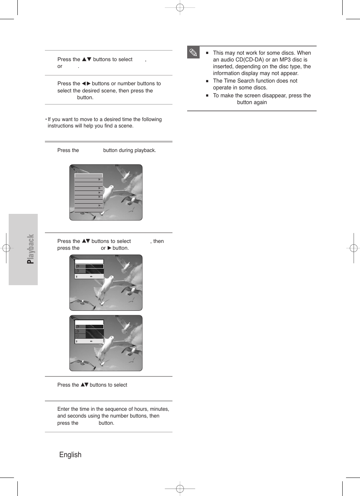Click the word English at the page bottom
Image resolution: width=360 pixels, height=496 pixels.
click(70, 455)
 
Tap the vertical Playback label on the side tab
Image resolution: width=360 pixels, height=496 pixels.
click(31, 249)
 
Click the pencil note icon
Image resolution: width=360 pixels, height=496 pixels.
click(193, 52)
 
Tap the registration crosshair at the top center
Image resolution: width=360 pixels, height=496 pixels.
click(180, 7)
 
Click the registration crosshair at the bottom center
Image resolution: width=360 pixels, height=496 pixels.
click(180, 489)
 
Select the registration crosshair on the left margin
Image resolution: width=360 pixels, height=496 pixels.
click(6, 248)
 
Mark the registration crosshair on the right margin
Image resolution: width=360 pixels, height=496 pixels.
click(354, 248)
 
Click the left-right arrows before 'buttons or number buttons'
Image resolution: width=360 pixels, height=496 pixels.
click(86, 84)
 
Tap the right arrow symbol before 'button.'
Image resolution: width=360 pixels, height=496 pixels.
click(109, 248)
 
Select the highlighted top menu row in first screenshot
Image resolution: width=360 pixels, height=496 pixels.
click(89, 175)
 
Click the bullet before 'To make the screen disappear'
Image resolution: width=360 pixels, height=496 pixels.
click(207, 96)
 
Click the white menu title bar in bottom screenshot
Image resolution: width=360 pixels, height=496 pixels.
click(89, 322)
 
